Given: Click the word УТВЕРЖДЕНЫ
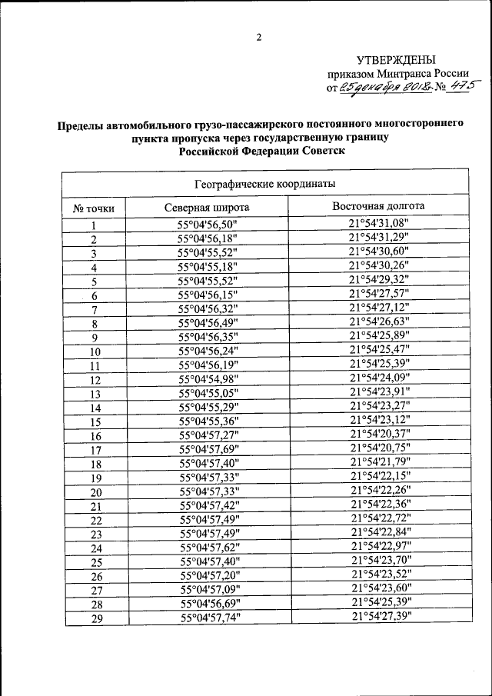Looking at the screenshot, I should coord(396,60).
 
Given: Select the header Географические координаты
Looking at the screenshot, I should coord(265,184).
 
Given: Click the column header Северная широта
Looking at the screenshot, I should coord(207,208).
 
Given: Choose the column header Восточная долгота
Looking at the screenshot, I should coord(378,207).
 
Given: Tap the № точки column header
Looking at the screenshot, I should coord(94,208).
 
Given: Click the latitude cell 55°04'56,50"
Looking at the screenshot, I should coord(208,225).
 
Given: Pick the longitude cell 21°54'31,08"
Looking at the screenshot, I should coord(379,224).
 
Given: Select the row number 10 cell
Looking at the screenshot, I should coord(95,352).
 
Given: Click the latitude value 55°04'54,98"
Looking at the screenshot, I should coord(209,380).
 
